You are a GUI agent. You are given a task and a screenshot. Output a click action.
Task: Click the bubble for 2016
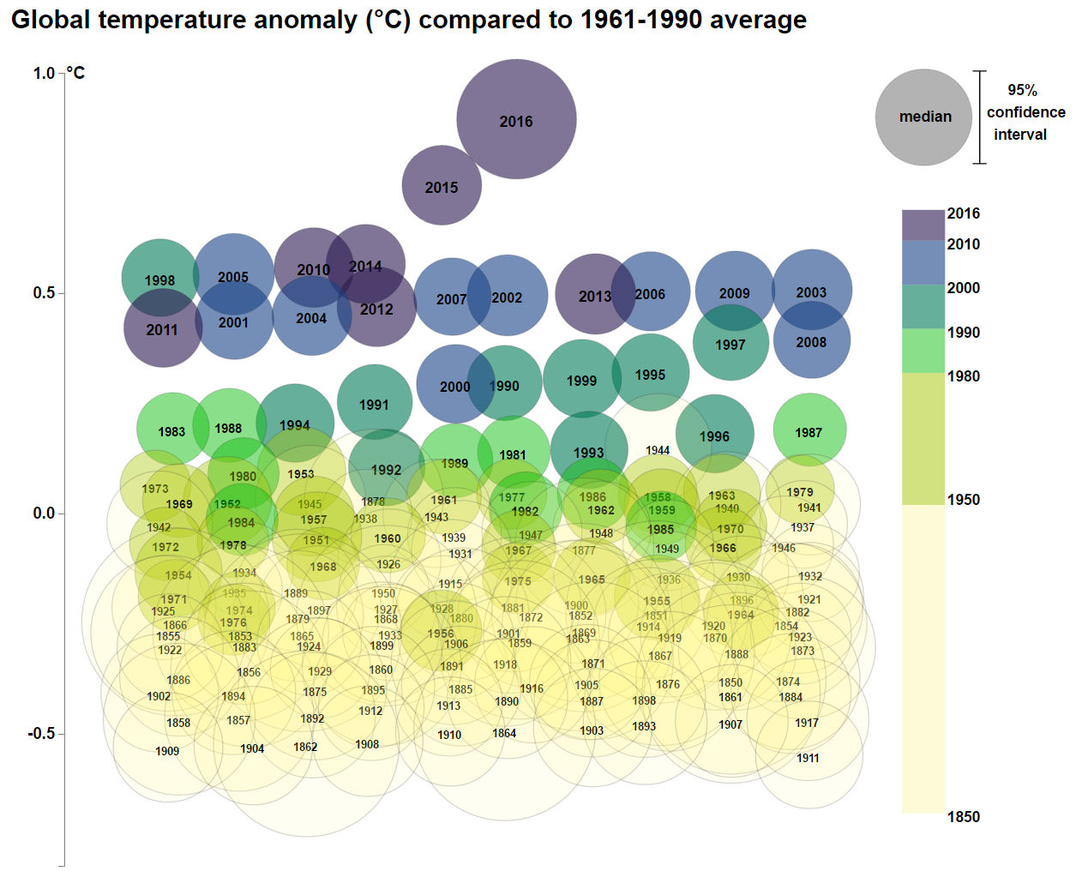516,119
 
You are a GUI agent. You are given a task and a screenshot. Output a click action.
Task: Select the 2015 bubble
442,185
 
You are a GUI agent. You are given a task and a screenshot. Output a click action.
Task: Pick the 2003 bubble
811,291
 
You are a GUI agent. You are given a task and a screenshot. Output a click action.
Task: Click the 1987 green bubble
809,430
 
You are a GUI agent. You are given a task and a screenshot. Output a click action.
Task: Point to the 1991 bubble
374,403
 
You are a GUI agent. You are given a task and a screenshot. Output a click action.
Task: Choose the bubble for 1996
714,435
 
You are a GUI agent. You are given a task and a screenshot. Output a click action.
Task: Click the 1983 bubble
171,430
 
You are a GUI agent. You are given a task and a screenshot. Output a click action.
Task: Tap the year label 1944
658,450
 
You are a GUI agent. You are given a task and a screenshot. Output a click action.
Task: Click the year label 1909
167,751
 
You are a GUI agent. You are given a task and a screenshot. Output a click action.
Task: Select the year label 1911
808,758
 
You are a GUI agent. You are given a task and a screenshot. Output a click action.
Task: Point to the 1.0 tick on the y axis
44,73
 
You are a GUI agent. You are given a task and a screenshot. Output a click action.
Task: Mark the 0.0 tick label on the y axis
44,514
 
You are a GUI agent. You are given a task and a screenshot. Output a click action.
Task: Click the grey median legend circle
923,117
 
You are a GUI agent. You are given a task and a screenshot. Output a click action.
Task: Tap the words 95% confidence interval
1025,112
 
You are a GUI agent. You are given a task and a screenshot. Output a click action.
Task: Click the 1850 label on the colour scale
963,817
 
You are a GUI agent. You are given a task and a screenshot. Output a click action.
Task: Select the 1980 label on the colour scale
963,376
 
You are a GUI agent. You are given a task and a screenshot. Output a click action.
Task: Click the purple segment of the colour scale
923,225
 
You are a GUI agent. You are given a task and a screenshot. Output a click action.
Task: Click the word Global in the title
50,20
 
